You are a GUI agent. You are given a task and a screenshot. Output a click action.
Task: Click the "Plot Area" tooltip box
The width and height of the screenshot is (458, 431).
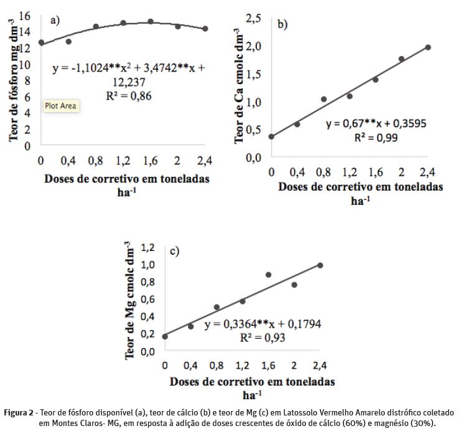tap(60, 106)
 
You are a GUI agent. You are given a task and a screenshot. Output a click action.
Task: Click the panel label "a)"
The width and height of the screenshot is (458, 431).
tap(55, 20)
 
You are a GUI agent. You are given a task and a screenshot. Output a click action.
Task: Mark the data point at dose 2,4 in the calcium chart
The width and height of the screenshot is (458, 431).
tap(428, 47)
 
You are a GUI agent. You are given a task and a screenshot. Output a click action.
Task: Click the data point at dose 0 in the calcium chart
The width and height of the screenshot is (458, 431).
tap(271, 136)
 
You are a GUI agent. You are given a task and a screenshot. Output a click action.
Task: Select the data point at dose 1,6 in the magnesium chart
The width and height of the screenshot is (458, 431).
tap(268, 275)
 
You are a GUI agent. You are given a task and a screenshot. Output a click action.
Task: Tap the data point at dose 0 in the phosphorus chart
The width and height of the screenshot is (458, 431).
tap(41, 42)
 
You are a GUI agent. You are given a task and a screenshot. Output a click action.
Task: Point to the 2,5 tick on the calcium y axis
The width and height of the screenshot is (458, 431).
tap(253, 19)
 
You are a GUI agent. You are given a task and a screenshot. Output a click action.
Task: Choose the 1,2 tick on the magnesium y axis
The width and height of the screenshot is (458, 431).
tap(147, 248)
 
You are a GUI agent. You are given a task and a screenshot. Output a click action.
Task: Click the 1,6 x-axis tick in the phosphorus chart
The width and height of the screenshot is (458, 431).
tap(150, 161)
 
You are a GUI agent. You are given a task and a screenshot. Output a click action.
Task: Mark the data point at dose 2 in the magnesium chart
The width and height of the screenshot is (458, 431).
tap(294, 285)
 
